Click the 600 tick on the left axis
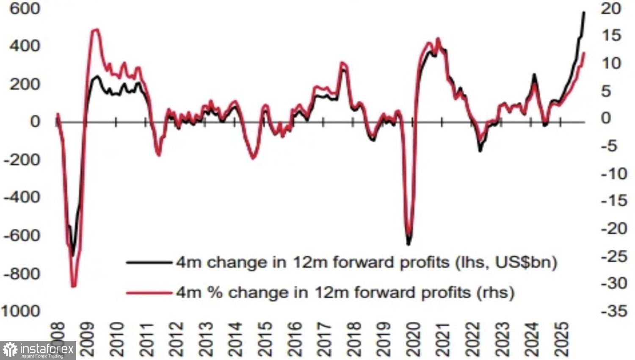pos(25,8)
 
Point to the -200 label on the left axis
pos(22,160)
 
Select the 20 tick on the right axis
pos(610,8)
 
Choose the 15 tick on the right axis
pos(610,36)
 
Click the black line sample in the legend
pos(150,263)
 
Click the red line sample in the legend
pos(150,292)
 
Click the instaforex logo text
pos(47,349)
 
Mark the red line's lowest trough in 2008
pos(74,286)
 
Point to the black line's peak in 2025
pos(584,13)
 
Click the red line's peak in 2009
pos(96,30)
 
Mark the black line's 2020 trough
pos(409,244)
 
